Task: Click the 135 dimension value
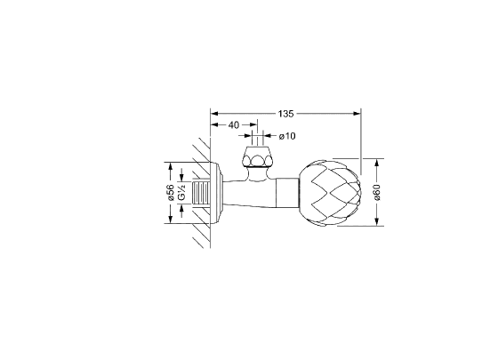click(x=285, y=114)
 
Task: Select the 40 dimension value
click(x=233, y=125)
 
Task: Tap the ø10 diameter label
click(x=287, y=136)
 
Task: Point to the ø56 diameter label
click(x=170, y=192)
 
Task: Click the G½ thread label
click(x=181, y=193)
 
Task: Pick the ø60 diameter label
click(x=377, y=192)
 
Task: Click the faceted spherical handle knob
click(x=329, y=194)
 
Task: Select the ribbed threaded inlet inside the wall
click(x=201, y=193)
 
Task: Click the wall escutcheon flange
click(x=216, y=193)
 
